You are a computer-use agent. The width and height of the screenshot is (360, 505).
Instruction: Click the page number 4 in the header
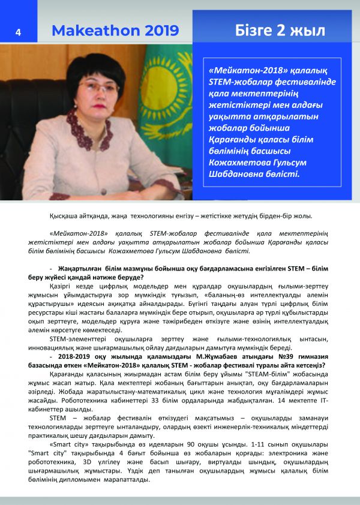point(18,32)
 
